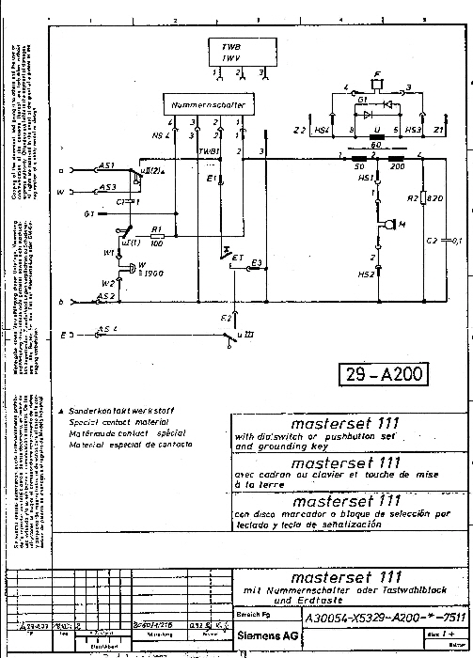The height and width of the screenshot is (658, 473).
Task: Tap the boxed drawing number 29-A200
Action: (x=382, y=374)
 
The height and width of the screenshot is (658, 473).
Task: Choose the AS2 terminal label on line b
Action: (x=106, y=297)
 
